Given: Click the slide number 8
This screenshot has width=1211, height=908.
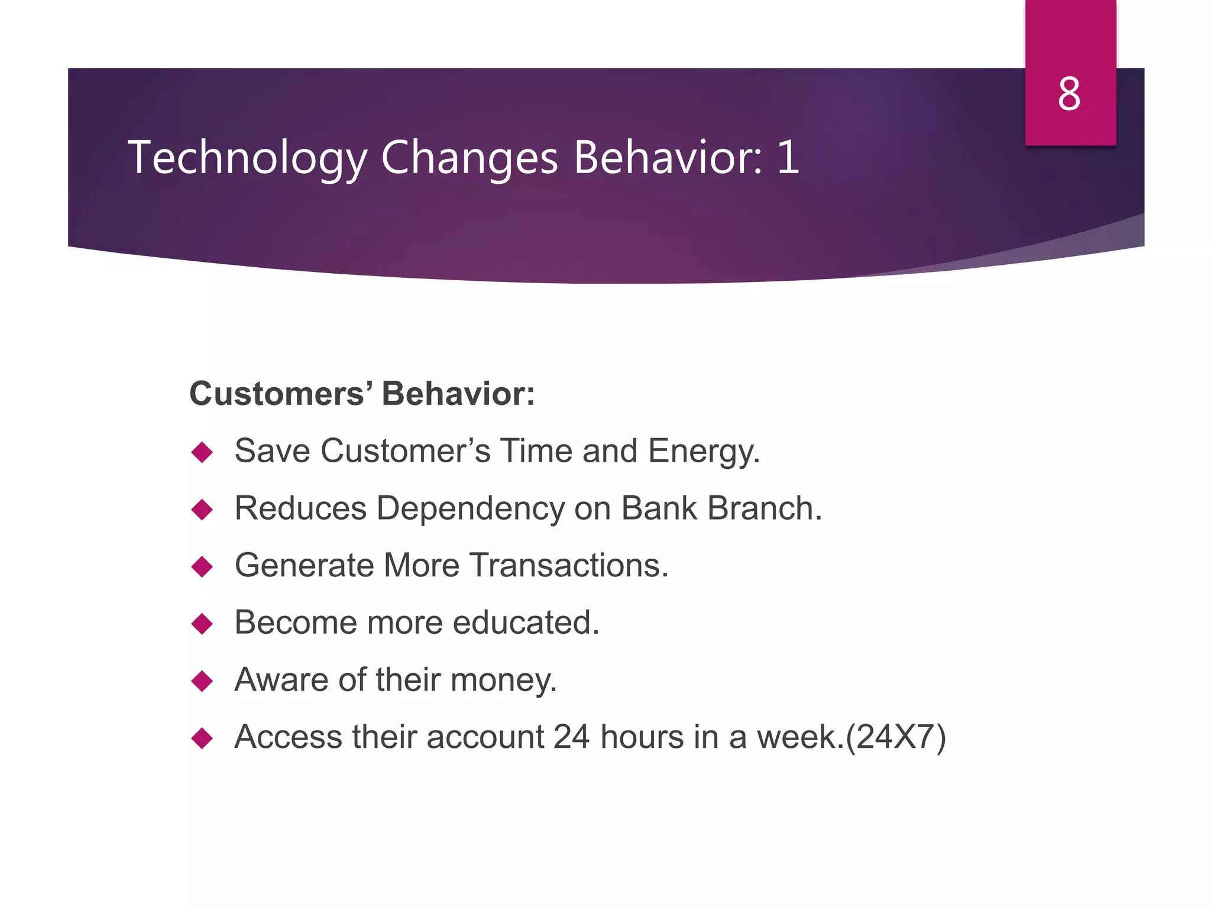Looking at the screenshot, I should [1069, 95].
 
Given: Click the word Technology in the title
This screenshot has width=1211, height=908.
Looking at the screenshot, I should [247, 158].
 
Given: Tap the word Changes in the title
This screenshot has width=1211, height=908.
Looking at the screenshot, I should [469, 158].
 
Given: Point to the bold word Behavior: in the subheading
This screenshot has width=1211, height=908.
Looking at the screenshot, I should [458, 394].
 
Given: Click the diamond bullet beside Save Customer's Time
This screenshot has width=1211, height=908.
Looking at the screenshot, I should [202, 453].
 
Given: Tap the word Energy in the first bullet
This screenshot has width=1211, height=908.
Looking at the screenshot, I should [702, 452].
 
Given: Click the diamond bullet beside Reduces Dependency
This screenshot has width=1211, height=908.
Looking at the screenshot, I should [202, 510].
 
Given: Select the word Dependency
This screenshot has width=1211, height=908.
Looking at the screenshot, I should [471, 509].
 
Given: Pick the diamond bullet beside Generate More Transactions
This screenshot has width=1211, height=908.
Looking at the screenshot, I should [202, 567].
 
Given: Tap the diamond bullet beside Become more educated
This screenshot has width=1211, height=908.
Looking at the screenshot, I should [202, 624].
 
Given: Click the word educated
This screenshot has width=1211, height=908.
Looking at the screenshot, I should [525, 622].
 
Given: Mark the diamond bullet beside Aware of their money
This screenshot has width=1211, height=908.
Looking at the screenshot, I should [202, 681].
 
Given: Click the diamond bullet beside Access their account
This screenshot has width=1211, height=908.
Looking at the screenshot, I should [202, 738].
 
